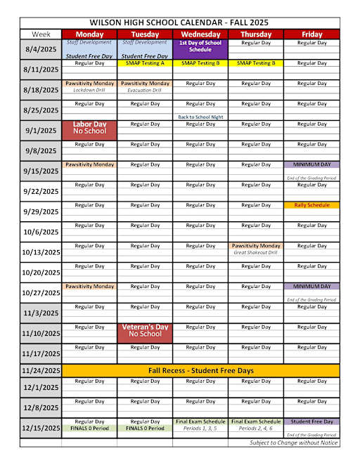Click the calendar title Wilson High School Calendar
(180, 22)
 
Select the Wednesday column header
(200, 34)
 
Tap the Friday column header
(311, 34)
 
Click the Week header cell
(41, 34)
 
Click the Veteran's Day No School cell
(145, 331)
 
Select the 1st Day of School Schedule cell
(200, 46)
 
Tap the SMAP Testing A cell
(145, 63)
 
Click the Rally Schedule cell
(311, 205)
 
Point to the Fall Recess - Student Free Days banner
(200, 370)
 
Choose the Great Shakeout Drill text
(256, 252)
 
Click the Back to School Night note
(200, 117)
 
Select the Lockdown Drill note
(89, 90)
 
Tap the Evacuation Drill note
(145, 90)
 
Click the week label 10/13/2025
(41, 252)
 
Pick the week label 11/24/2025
(41, 370)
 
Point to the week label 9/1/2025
(41, 130)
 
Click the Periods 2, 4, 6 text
(256, 428)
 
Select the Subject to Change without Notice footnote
(294, 443)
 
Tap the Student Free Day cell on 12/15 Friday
(311, 421)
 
